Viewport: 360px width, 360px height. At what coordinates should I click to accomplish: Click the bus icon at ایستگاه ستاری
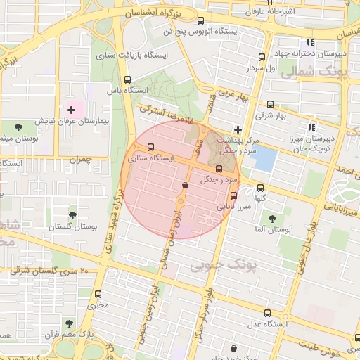point(151,148)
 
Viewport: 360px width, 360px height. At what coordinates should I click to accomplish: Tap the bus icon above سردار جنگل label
point(219,169)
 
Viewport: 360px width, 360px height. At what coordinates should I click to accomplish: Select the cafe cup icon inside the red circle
point(185,186)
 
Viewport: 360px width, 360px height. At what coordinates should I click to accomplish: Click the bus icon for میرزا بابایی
point(233,196)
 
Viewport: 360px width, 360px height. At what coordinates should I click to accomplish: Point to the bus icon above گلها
point(261,188)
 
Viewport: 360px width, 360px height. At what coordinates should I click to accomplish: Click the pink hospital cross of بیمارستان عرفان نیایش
point(71,110)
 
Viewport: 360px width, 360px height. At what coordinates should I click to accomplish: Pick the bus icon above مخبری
point(98,294)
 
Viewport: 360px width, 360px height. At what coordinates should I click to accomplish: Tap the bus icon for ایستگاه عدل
point(266,312)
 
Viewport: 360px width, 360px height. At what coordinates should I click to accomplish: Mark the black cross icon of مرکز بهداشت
point(238,129)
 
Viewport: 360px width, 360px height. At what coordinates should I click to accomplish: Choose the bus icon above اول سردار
point(262,57)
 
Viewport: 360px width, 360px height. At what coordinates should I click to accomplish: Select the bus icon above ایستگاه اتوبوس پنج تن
point(201,20)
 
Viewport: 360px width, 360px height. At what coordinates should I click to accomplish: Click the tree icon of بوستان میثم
point(18,127)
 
